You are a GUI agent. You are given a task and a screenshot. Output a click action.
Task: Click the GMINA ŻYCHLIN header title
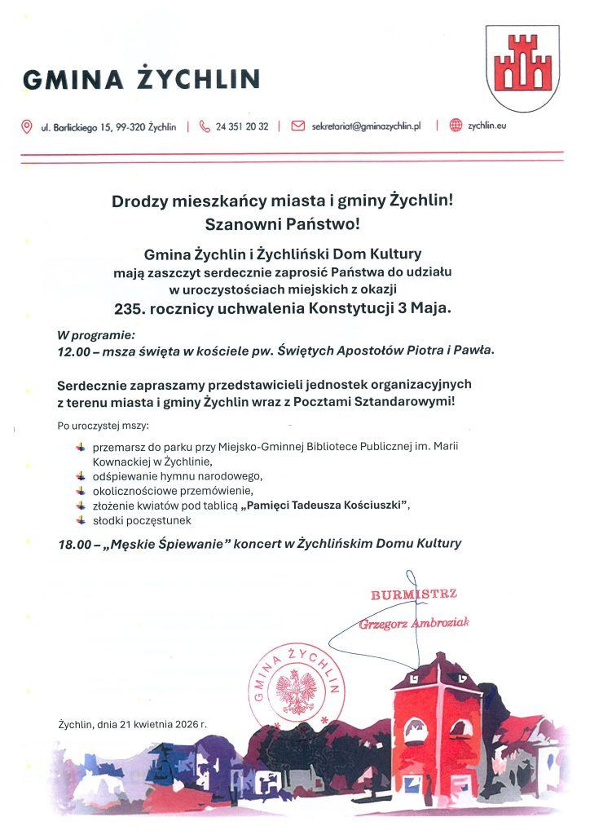coord(142,79)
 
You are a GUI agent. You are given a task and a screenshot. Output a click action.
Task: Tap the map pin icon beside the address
coord(27,126)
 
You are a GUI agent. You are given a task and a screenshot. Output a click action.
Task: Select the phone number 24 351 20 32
coord(242,127)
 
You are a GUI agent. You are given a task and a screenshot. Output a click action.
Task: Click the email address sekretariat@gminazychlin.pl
coord(366,127)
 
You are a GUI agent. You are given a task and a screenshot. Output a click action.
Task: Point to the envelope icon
coord(297,126)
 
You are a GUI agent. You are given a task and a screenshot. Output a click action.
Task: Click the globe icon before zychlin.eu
coord(456,126)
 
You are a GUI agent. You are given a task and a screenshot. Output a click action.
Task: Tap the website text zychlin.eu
coord(487,127)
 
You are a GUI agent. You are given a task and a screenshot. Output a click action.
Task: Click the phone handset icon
coord(205,126)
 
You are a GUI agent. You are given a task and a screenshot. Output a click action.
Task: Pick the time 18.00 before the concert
coord(73,543)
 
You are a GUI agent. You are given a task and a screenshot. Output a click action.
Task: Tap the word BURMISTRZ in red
coord(414,594)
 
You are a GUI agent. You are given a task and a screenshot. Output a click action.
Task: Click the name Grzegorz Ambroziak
coord(414,624)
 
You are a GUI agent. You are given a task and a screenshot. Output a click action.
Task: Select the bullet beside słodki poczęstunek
coord(80,519)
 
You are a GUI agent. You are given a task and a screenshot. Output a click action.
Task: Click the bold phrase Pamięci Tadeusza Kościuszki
coord(327,506)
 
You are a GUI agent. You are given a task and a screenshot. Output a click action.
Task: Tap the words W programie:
coord(95,335)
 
